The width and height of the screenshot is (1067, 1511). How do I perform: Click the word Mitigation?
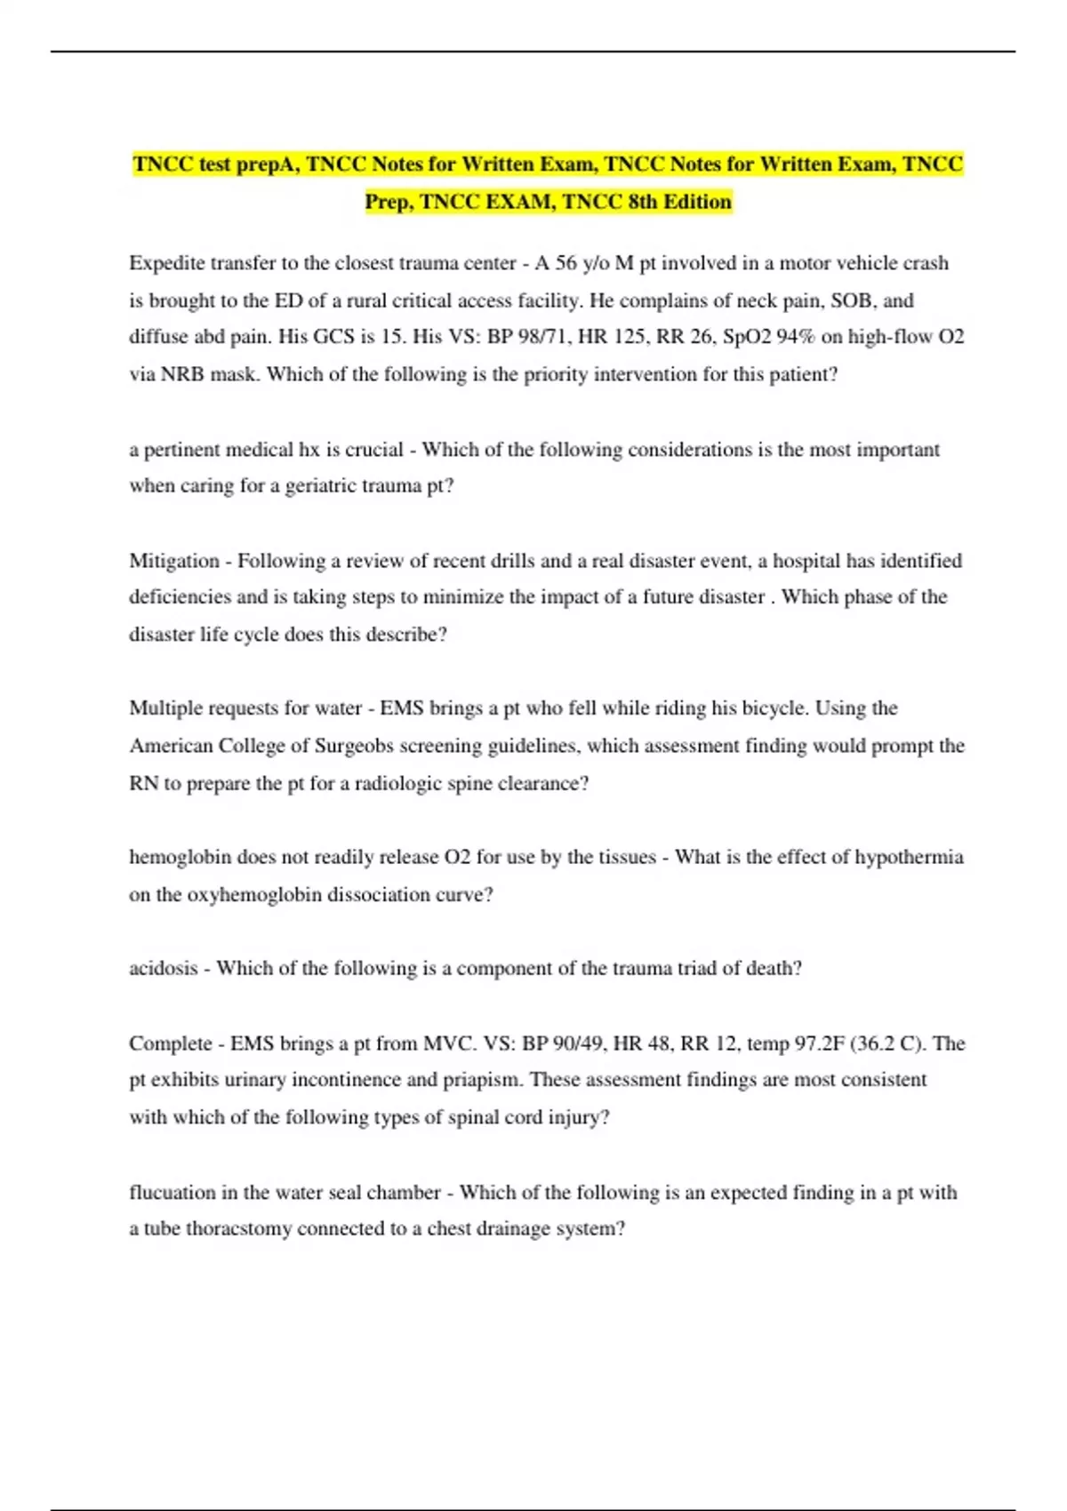point(174,561)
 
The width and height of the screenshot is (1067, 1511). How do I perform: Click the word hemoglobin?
point(180,857)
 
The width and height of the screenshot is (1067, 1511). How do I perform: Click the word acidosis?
point(163,968)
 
